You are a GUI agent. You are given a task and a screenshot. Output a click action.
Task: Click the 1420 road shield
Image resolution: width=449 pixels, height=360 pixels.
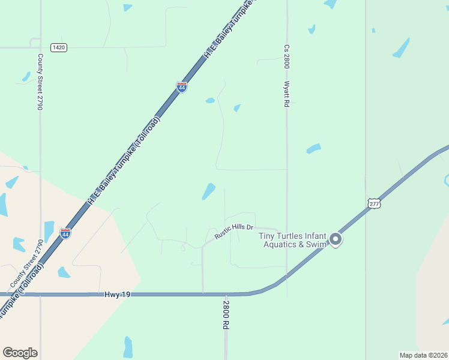click(x=58, y=47)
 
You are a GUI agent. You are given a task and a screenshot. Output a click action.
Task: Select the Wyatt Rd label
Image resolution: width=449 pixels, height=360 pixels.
click(x=287, y=94)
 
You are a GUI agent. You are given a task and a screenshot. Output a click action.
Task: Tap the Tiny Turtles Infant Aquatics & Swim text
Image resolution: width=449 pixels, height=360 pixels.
click(x=293, y=240)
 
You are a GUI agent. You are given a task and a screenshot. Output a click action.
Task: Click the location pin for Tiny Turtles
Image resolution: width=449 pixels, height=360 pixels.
click(x=336, y=240)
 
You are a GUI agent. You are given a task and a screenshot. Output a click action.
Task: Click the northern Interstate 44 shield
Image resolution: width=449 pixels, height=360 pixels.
click(x=181, y=87)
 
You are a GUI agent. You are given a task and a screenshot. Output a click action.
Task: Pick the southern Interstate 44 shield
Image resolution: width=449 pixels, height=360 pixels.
click(x=65, y=233)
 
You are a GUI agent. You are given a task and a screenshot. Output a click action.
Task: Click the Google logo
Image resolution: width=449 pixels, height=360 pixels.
click(x=20, y=353)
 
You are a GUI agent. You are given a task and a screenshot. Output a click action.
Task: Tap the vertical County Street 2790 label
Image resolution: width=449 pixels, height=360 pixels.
click(x=40, y=82)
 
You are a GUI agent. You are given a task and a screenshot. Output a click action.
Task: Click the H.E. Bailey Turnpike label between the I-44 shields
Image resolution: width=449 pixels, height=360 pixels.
click(x=124, y=161)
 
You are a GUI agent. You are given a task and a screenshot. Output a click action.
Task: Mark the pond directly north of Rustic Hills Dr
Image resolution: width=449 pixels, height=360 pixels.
click(x=208, y=191)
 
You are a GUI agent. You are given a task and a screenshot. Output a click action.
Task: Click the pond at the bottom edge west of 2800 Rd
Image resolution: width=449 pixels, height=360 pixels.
click(x=128, y=347)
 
